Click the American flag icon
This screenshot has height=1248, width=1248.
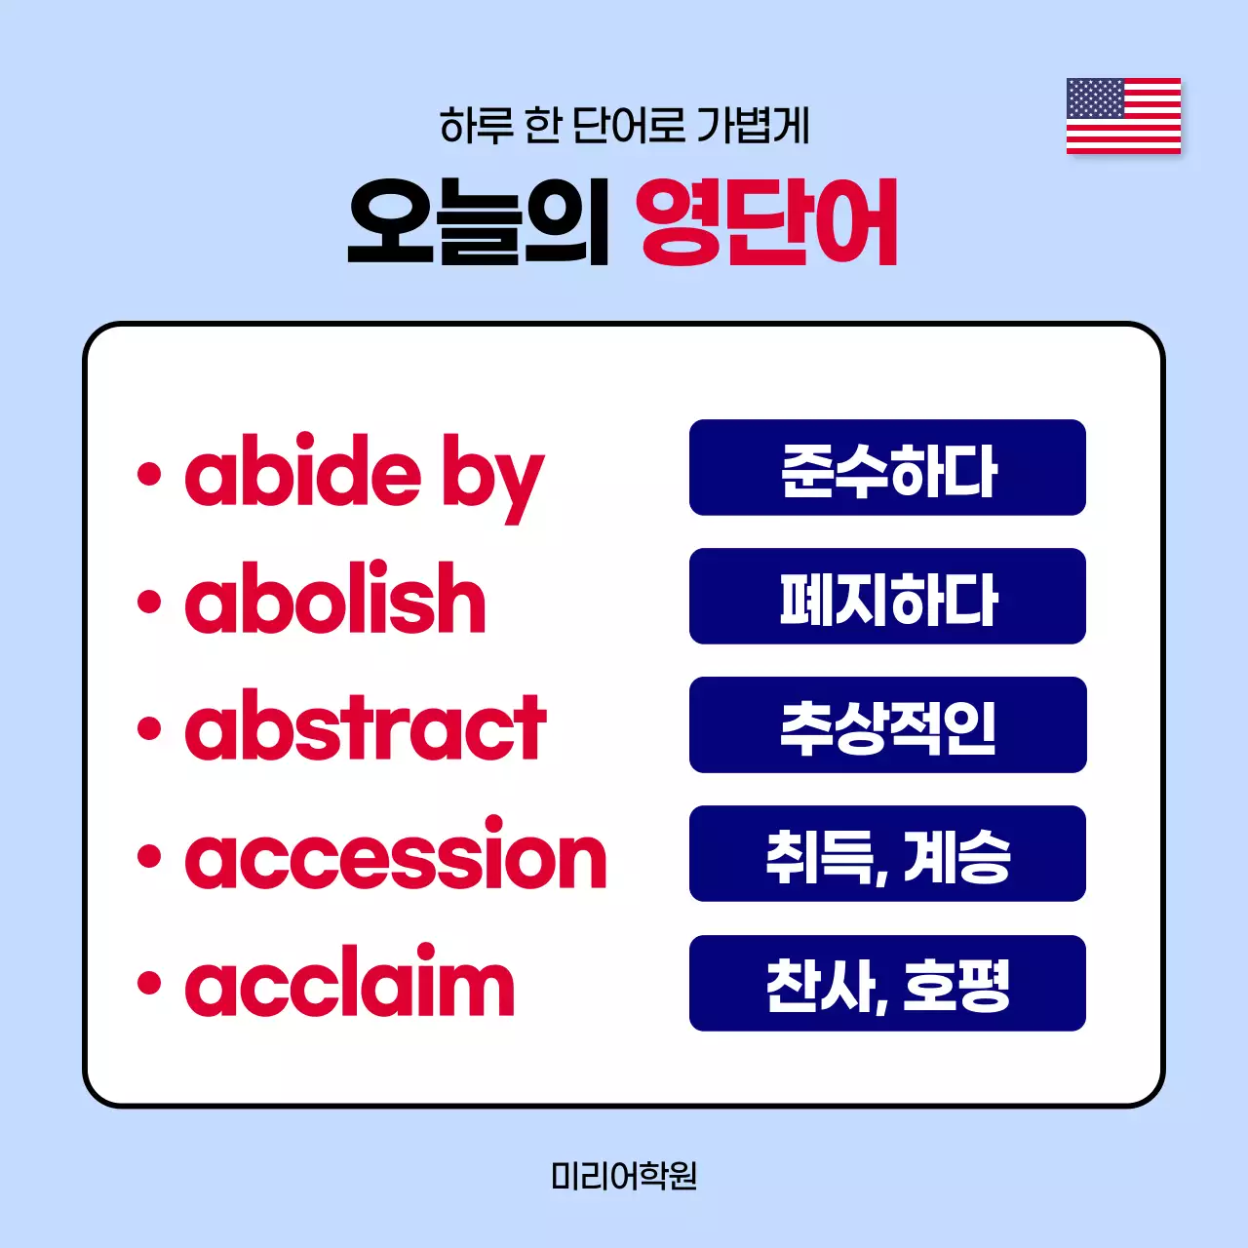pyautogui.click(x=1123, y=116)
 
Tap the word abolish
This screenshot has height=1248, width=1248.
pyautogui.click(x=335, y=599)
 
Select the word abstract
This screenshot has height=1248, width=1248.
pyautogui.click(x=366, y=727)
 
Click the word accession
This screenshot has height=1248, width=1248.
pyautogui.click(x=396, y=856)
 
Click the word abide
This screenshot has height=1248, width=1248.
pyautogui.click(x=303, y=472)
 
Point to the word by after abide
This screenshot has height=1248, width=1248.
pyautogui.click(x=492, y=478)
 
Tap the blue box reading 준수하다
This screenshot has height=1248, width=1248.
pyautogui.click(x=887, y=468)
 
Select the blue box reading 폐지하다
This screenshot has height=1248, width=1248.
pyautogui.click(x=887, y=597)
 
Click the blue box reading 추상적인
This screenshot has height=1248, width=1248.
pyautogui.click(x=887, y=725)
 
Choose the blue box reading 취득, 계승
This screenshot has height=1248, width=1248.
pyautogui.click(x=887, y=854)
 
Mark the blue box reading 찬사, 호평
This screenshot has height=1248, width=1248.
pyautogui.click(x=887, y=983)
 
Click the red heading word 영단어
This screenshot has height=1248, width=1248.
pyautogui.click(x=767, y=223)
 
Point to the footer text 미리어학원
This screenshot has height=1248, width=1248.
pyautogui.click(x=624, y=1176)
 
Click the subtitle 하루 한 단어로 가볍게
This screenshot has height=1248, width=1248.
pyautogui.click(x=624, y=126)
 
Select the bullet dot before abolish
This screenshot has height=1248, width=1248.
pyautogui.click(x=149, y=601)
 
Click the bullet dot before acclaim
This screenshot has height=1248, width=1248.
pyautogui.click(x=149, y=984)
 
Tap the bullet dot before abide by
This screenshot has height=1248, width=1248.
pyautogui.click(x=149, y=474)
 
